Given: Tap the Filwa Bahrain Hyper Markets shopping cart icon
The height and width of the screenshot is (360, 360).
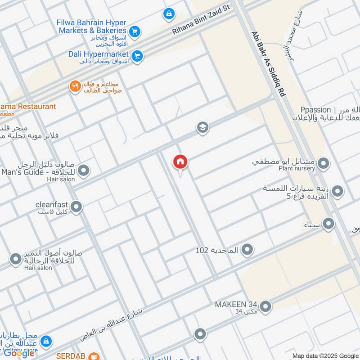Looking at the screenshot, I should coord(134,31).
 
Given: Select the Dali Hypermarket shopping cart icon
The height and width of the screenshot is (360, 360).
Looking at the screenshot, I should coord(138,56).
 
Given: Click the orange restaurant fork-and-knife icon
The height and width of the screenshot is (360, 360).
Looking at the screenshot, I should coord(75,86).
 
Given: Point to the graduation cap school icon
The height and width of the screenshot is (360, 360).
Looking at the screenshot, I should coord(202,128).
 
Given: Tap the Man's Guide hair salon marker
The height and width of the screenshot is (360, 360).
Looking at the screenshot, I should coord(83,171).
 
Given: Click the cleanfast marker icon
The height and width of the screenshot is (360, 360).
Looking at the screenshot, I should coord(76,207).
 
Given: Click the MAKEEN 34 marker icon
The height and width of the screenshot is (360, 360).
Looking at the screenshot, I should coord(265,306).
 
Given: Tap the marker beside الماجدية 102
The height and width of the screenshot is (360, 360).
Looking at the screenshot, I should coord(247,250).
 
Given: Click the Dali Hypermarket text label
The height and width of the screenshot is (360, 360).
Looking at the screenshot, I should coord(99,54).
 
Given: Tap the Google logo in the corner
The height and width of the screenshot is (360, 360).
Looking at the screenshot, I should coord(19,352).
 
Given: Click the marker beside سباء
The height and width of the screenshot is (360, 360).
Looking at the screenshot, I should coord(328,223).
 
